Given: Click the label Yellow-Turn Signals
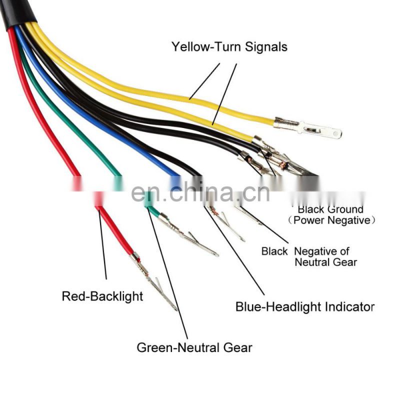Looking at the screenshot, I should point(229,47).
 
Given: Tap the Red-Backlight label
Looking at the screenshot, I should point(102,296).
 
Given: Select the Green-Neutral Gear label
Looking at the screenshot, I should point(194,347).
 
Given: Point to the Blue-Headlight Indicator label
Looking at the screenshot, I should point(304,306).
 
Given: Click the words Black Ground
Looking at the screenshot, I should point(330,209).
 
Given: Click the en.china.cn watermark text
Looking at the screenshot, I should point(200,192).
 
